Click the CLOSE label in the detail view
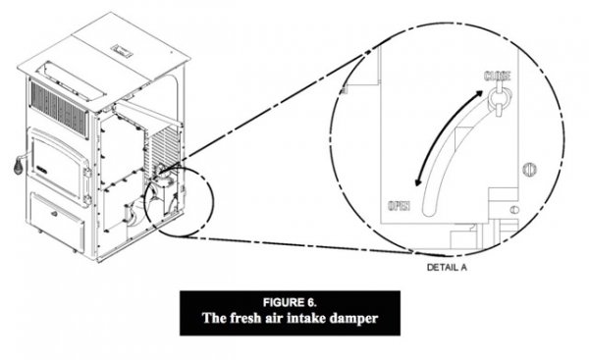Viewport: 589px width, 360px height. point(498,76)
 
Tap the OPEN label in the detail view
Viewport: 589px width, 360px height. point(399,206)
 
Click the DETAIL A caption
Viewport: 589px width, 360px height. point(447,267)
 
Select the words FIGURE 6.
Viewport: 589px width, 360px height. point(290,302)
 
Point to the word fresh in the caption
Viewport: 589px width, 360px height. point(244,318)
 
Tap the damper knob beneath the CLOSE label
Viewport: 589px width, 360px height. point(499,98)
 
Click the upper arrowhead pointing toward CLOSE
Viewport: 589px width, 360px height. point(478,94)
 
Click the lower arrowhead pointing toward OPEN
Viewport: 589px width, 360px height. point(418,181)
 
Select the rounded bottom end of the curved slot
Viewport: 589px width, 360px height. point(429,211)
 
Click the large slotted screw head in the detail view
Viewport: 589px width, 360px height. point(530,170)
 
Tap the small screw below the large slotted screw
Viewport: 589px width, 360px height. point(514,210)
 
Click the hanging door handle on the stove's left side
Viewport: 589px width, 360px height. point(19,165)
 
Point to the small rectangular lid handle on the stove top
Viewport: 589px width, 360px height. point(122,51)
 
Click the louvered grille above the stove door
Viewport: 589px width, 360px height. point(59,107)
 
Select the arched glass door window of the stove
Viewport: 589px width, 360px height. point(57,165)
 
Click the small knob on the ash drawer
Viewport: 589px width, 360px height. point(54,215)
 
